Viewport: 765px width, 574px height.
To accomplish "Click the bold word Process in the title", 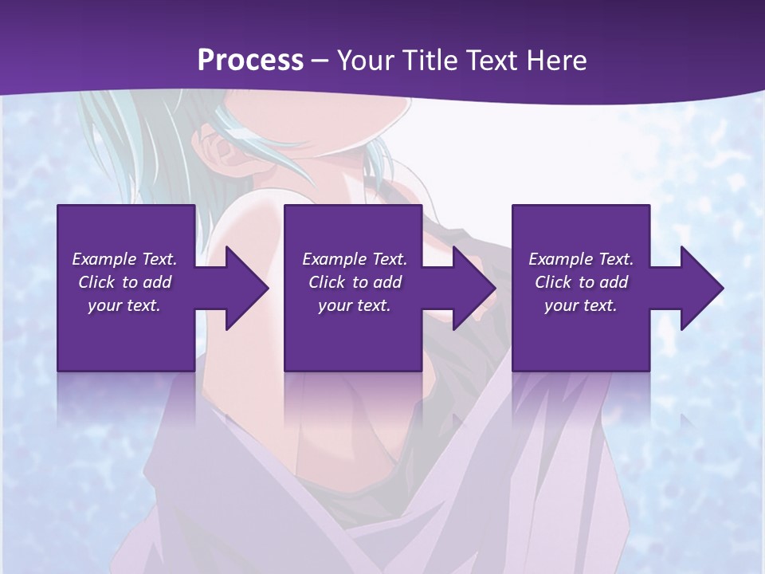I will pyautogui.click(x=250, y=61).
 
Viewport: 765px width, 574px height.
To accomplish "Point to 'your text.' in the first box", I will pyautogui.click(x=124, y=305).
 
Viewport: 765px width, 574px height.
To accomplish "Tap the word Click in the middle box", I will pyautogui.click(x=327, y=282).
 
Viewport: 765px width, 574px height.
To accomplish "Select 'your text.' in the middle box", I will pyautogui.click(x=354, y=305).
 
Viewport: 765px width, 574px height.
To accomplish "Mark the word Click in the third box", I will pyautogui.click(x=554, y=282).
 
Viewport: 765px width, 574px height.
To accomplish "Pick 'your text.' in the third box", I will pyautogui.click(x=581, y=305).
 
